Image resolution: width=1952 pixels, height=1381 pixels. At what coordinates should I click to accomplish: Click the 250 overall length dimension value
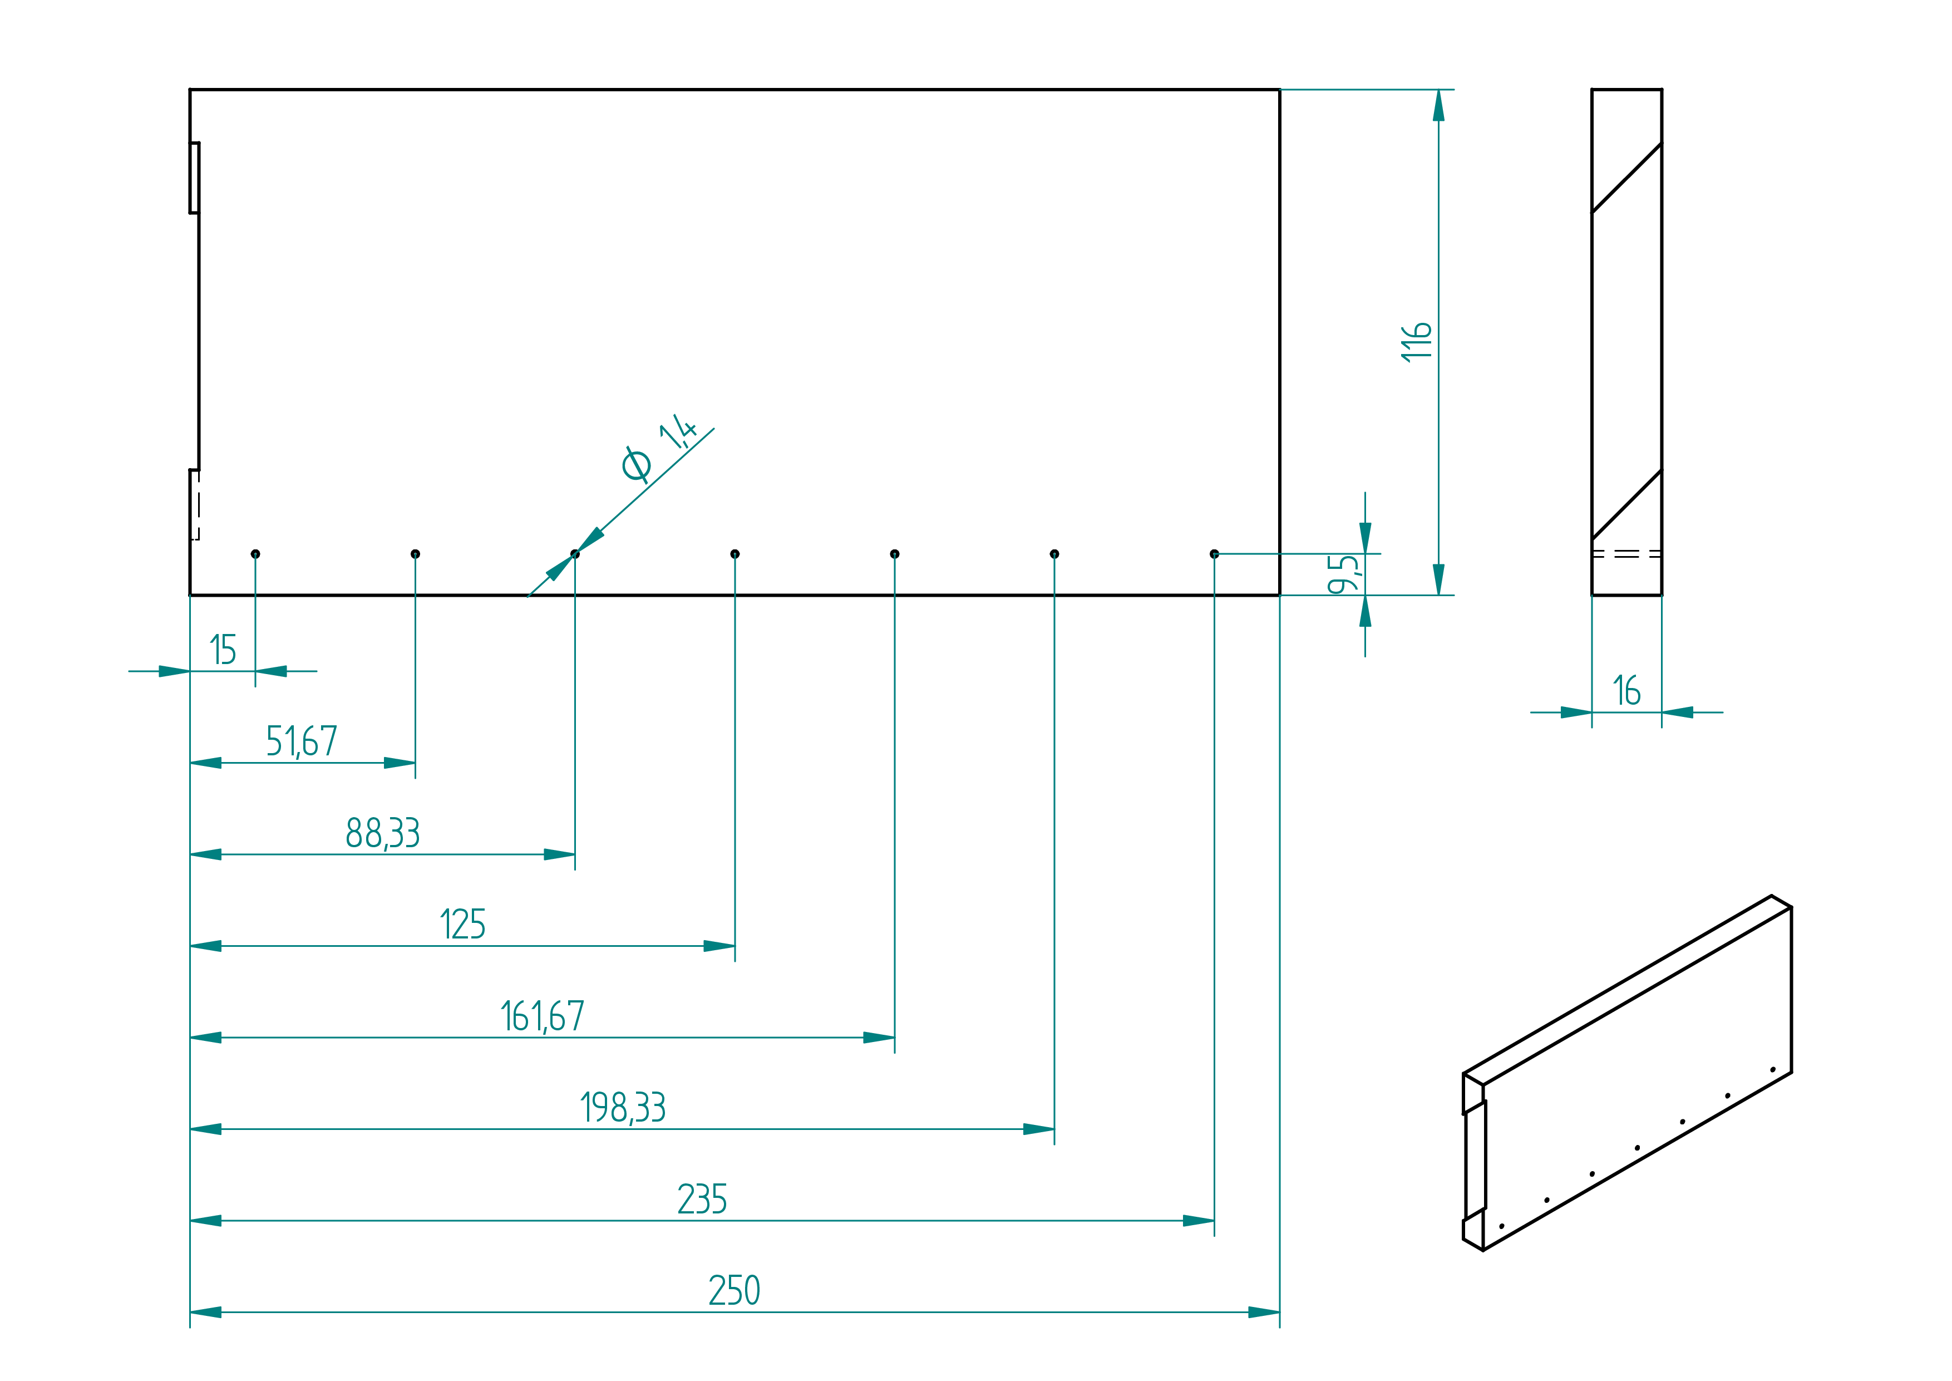tap(735, 1290)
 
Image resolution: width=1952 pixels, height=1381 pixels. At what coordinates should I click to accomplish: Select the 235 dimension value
tap(702, 1199)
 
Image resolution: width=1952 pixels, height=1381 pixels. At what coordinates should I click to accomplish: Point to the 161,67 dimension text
tap(543, 1016)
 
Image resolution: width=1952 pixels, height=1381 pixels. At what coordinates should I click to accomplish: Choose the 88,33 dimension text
tap(383, 833)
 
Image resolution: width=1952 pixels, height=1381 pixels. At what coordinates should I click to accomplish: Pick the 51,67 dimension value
tap(302, 741)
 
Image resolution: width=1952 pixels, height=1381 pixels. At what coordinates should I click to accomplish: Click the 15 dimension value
tap(223, 650)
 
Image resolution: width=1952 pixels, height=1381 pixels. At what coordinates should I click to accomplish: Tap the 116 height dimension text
tap(1416, 342)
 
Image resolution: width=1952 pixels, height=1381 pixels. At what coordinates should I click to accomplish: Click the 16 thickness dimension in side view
tap(1627, 690)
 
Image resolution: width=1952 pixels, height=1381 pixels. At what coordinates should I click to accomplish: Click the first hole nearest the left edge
tap(255, 554)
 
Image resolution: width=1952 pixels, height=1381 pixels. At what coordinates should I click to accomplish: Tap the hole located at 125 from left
tap(735, 554)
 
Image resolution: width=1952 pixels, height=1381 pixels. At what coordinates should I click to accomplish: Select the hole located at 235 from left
tap(1214, 554)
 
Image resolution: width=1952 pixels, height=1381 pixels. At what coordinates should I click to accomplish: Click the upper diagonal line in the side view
tap(1627, 178)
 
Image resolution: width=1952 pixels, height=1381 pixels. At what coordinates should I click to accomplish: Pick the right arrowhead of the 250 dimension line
tap(1264, 1312)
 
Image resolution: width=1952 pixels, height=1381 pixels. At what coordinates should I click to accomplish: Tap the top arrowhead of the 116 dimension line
tap(1438, 105)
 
